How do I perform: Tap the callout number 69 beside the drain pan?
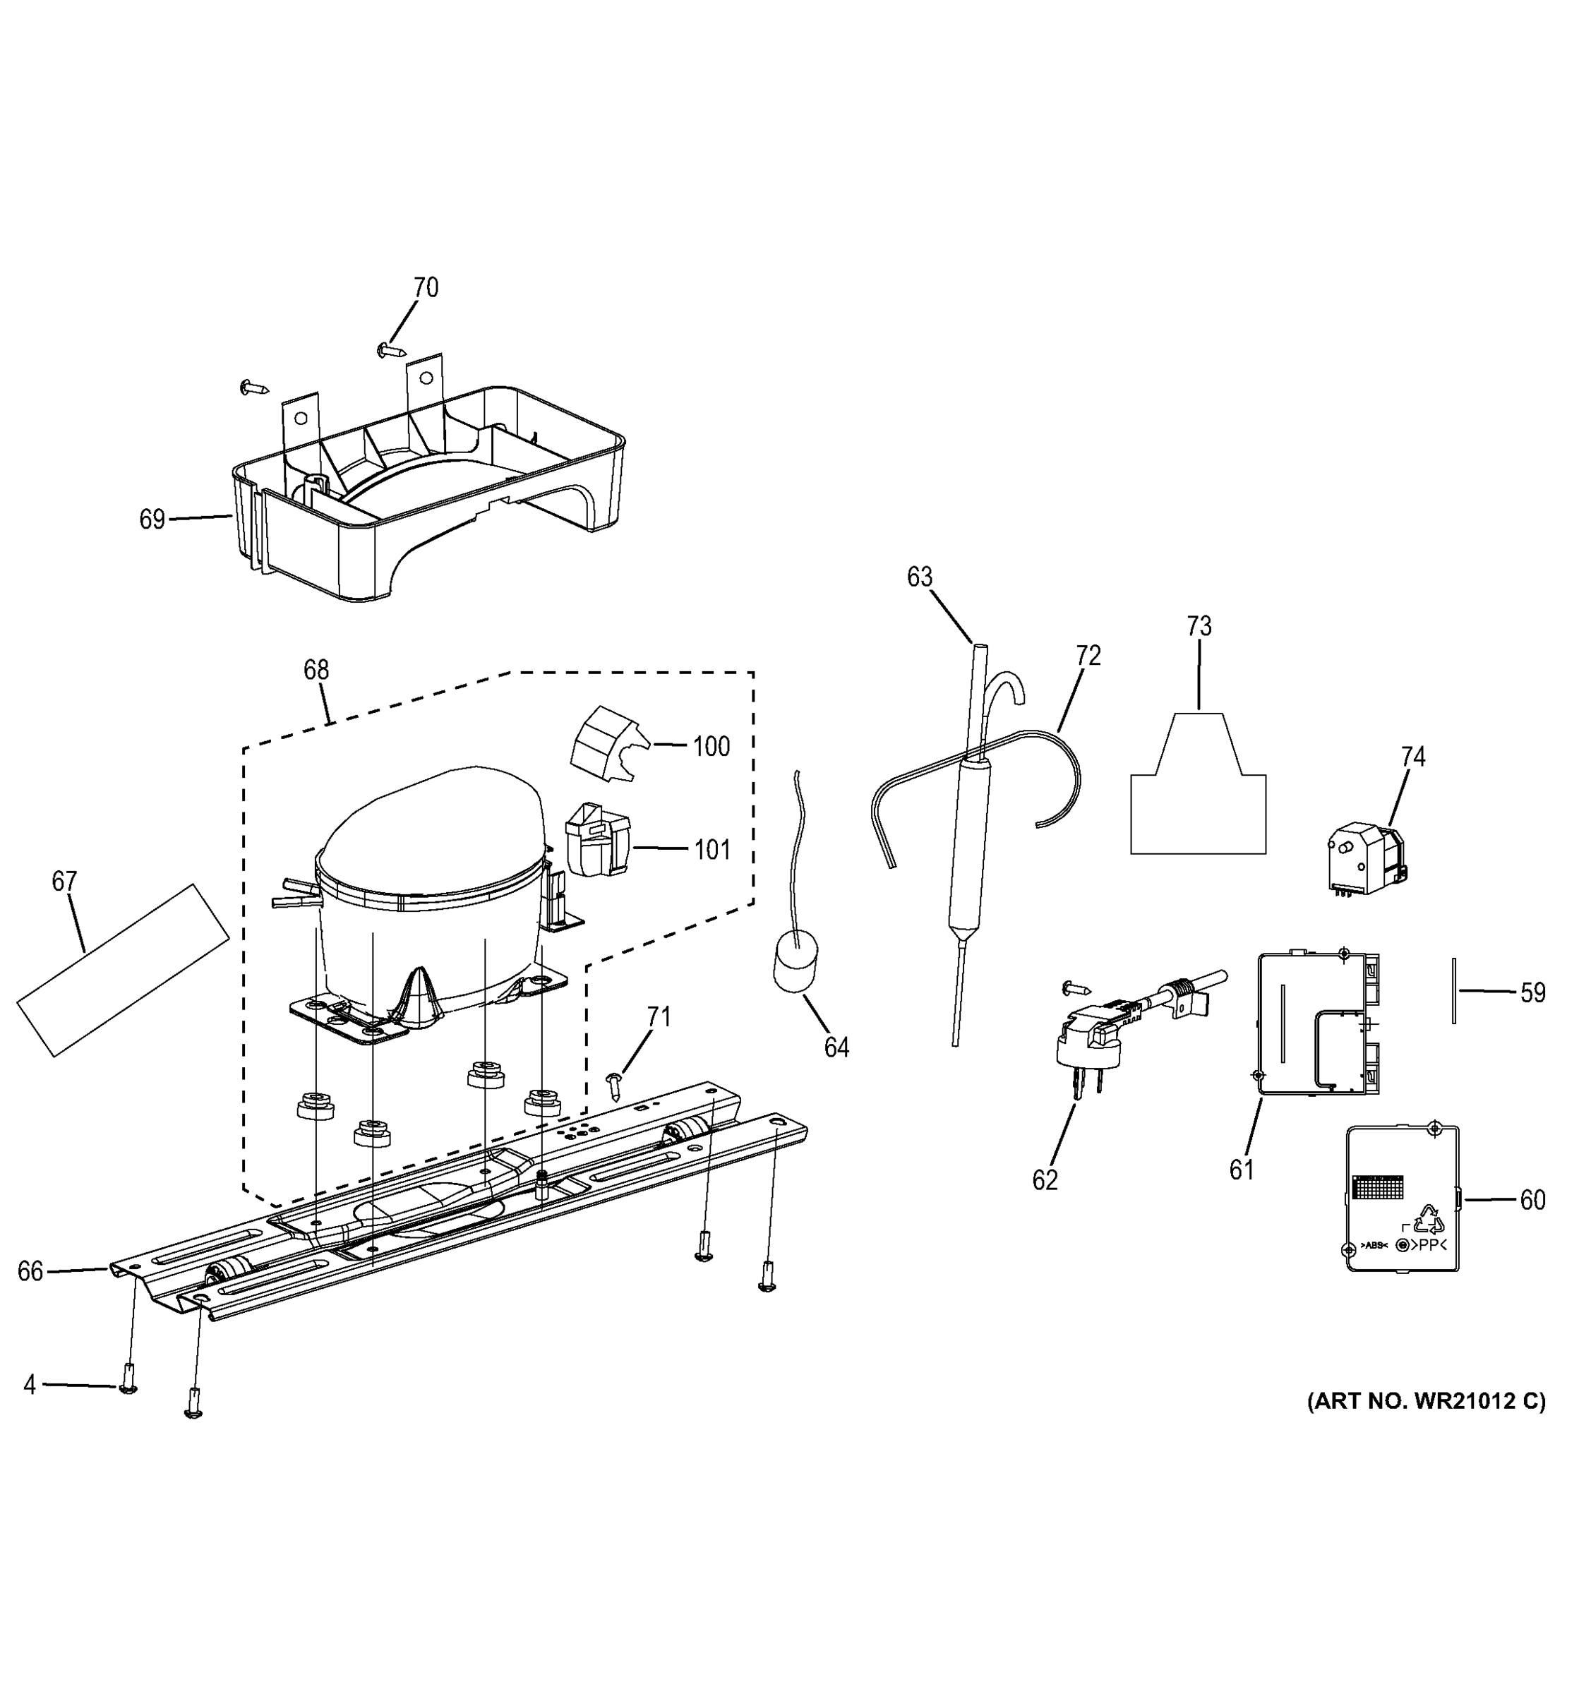pyautogui.click(x=152, y=519)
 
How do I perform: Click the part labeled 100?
pyautogui.click(x=606, y=744)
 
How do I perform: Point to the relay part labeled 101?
pyautogui.click(x=597, y=839)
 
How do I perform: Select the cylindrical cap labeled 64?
pyautogui.click(x=795, y=962)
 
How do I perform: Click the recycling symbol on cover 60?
pyautogui.click(x=1428, y=1221)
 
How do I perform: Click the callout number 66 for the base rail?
pyautogui.click(x=30, y=1272)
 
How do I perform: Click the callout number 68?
pyautogui.click(x=316, y=670)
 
